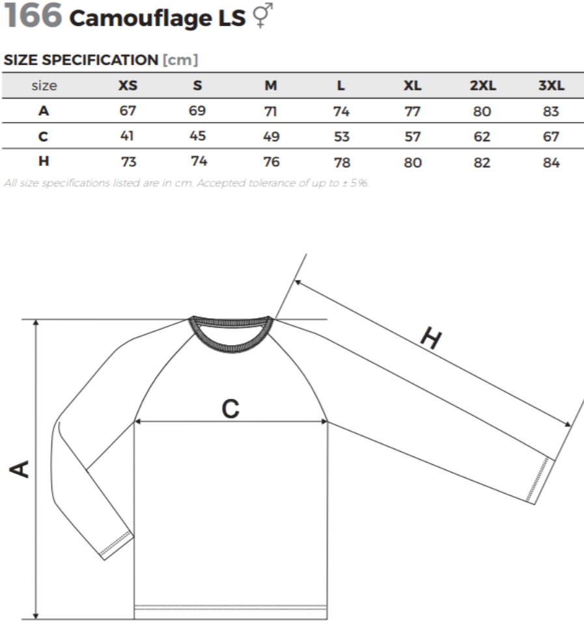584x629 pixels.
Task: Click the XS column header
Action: click(x=128, y=85)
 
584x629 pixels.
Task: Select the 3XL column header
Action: click(x=551, y=85)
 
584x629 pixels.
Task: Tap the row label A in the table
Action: click(x=44, y=111)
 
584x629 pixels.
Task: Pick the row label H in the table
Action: click(x=44, y=161)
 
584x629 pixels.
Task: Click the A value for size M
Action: click(x=271, y=111)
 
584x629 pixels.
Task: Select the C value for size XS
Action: click(x=127, y=136)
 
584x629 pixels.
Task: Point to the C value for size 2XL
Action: click(x=482, y=137)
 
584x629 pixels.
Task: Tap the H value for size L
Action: click(x=342, y=163)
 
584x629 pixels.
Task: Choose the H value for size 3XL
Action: click(x=551, y=163)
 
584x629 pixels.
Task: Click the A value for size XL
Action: click(x=412, y=111)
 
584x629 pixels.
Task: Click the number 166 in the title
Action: click(x=33, y=15)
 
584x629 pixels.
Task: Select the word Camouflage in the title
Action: click(x=141, y=18)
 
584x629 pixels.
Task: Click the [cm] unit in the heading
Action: click(x=180, y=60)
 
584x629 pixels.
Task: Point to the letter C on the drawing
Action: click(x=230, y=409)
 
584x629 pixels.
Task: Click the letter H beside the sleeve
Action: click(x=431, y=338)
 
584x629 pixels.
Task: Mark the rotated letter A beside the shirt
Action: click(x=20, y=469)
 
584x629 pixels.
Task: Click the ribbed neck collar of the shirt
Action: click(x=231, y=331)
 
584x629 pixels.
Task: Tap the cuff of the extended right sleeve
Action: click(x=540, y=480)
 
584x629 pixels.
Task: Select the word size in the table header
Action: click(x=44, y=85)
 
